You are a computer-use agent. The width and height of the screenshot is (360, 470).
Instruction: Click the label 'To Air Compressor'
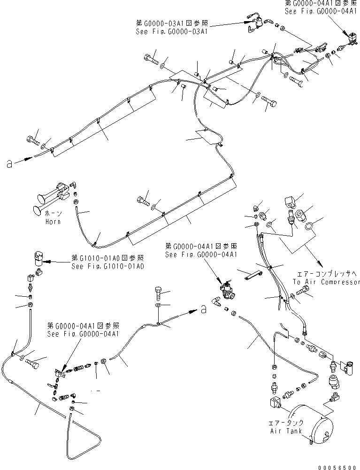(x=326, y=282)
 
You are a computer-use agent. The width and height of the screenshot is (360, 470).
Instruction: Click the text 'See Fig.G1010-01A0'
(x=107, y=266)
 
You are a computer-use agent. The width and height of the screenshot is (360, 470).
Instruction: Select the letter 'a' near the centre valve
(x=203, y=309)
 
